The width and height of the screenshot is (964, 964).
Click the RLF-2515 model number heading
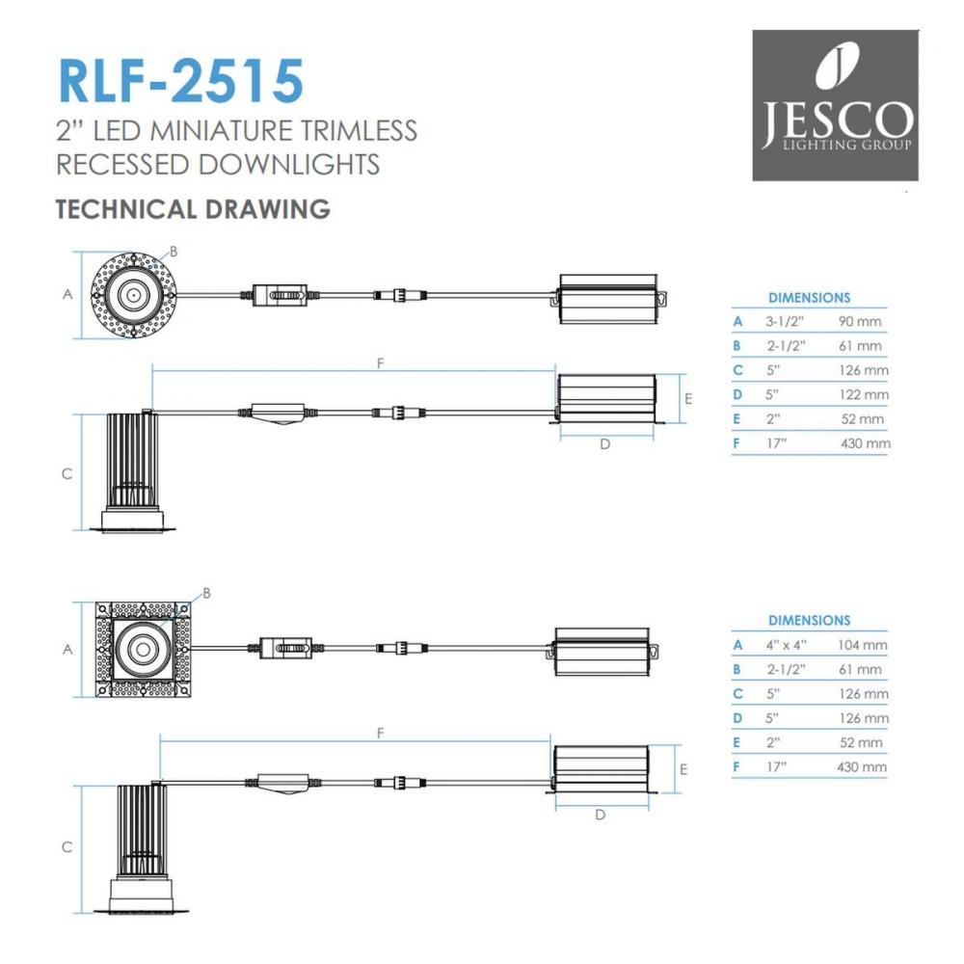(181, 81)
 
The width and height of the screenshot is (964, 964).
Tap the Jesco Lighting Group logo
(836, 105)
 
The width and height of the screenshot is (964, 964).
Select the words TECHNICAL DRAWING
(193, 209)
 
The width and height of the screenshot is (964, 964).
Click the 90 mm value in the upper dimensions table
(860, 322)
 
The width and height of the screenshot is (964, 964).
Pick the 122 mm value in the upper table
(864, 394)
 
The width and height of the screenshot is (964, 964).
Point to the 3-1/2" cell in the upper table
(785, 322)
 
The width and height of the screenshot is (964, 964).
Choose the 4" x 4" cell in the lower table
(787, 645)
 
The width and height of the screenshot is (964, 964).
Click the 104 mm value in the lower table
(862, 645)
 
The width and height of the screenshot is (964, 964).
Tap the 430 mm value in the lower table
(861, 766)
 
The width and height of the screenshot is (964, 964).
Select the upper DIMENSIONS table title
(809, 298)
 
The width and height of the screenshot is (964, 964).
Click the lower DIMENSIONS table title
(809, 620)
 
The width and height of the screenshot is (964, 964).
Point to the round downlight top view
(134, 295)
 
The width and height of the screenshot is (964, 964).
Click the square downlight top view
(143, 649)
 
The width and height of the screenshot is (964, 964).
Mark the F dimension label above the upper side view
(381, 363)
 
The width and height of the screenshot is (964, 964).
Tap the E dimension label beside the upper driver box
(688, 399)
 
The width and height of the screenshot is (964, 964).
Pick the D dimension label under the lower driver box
(600, 815)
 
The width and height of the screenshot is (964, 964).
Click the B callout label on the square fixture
(206, 593)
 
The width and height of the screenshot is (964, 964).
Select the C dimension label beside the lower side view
(67, 846)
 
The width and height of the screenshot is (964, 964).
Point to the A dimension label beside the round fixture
(67, 294)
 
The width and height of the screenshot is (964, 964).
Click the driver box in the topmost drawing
(608, 299)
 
